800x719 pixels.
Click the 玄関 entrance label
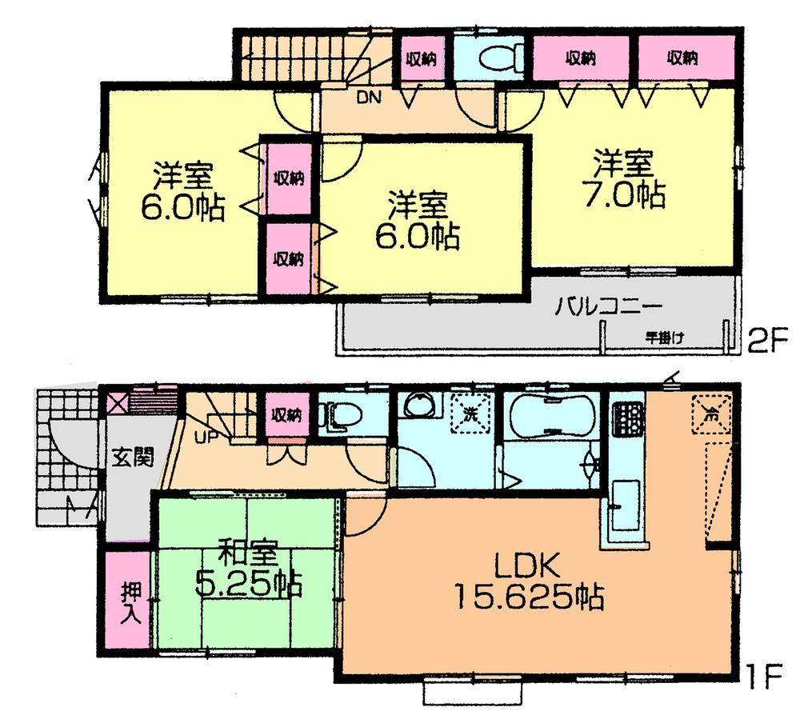127,462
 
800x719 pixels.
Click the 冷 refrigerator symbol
710,415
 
